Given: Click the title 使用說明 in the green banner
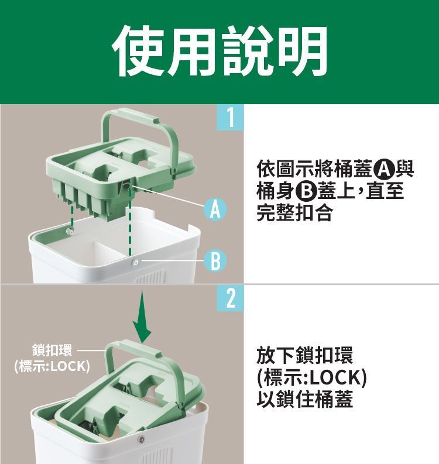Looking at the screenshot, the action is pyautogui.click(x=220, y=51).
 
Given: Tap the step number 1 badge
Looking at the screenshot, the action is pyautogui.click(x=230, y=118).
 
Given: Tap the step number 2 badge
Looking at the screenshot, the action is pyautogui.click(x=231, y=298).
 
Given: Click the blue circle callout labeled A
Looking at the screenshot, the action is pyautogui.click(x=215, y=209).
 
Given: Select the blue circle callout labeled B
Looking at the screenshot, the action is pyautogui.click(x=215, y=261).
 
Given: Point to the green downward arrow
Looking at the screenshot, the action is pyautogui.click(x=142, y=317).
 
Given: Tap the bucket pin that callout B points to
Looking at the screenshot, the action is pyautogui.click(x=136, y=262).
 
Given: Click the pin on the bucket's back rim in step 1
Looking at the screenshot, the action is pyautogui.click(x=70, y=231).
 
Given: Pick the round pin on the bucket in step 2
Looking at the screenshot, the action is pyautogui.click(x=142, y=439).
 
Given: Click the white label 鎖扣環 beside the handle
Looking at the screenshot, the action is pyautogui.click(x=52, y=350).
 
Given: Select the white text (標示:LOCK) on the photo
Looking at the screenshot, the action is pyautogui.click(x=52, y=367).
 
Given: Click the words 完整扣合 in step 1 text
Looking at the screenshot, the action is pyautogui.click(x=294, y=212).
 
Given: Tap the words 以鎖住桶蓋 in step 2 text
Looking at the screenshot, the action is pyautogui.click(x=305, y=399).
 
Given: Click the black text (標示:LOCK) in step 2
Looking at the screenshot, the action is pyautogui.click(x=312, y=377).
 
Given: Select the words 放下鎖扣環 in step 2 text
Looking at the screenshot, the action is pyautogui.click(x=305, y=355).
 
